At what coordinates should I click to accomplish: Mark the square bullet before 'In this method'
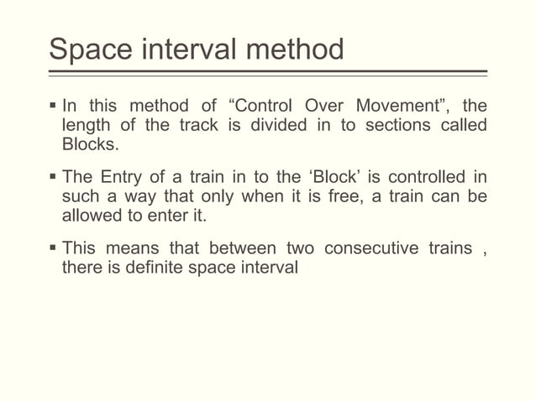pyautogui.click(x=52, y=107)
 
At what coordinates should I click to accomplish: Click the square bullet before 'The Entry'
pyautogui.click(x=52, y=178)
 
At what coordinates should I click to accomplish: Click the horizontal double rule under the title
pyautogui.click(x=268, y=73)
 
